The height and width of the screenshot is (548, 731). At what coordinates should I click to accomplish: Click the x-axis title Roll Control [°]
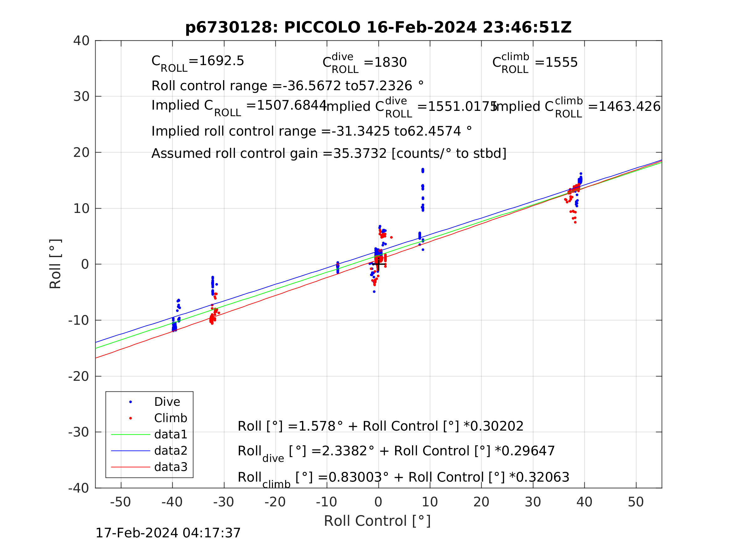point(377,521)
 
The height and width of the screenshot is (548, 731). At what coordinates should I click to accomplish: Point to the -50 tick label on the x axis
point(120,502)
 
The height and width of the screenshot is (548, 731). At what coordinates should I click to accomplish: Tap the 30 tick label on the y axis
point(81,97)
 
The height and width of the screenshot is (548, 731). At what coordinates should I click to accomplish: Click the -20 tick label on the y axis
point(79,376)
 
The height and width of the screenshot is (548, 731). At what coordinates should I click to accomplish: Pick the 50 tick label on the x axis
point(635,502)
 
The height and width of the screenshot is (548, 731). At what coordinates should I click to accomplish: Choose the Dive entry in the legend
point(167,402)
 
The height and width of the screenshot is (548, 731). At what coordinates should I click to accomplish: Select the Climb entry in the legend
point(170,418)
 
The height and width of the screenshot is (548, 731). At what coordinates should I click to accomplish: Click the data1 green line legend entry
point(170,434)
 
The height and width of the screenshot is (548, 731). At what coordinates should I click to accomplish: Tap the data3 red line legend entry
point(170,467)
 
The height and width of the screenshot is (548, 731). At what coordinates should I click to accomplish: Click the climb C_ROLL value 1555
point(561,62)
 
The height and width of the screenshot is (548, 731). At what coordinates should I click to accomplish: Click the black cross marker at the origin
point(378,264)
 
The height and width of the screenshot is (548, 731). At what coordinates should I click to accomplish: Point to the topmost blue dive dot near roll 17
point(423,169)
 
